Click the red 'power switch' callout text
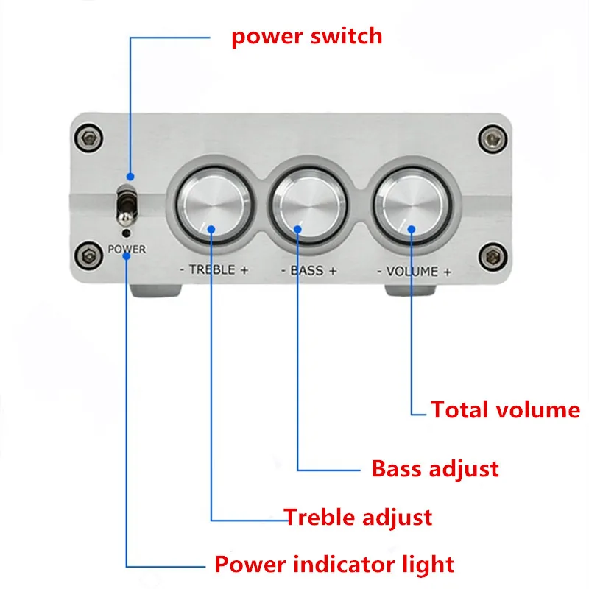click(306, 35)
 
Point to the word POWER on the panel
click(127, 250)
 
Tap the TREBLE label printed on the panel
click(214, 270)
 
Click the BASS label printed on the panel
click(308, 270)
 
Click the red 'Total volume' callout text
click(505, 409)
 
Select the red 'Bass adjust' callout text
click(434, 468)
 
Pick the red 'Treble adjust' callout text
click(358, 517)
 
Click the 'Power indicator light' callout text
click(334, 565)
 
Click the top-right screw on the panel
click(489, 136)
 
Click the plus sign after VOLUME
click(447, 272)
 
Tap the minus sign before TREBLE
click(183, 271)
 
